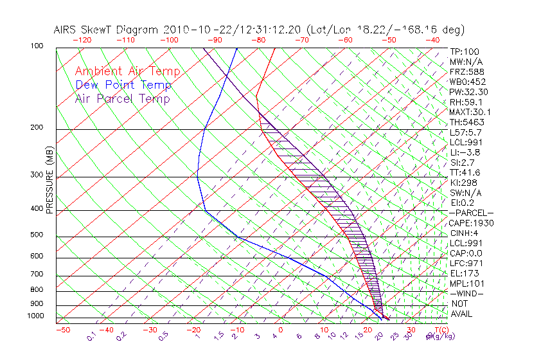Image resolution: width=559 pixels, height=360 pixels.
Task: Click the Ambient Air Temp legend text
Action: (127, 71)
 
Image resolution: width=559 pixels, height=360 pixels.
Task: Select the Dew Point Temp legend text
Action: (123, 85)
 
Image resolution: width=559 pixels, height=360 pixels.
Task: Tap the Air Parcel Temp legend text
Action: (123, 98)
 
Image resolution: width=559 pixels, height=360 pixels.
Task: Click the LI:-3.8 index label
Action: (465, 152)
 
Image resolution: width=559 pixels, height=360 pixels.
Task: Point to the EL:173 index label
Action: (463, 273)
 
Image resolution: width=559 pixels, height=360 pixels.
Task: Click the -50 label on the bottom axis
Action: (62, 330)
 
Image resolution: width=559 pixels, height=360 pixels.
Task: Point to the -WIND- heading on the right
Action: (467, 293)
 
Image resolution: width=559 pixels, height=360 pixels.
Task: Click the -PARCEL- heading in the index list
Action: (471, 212)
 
